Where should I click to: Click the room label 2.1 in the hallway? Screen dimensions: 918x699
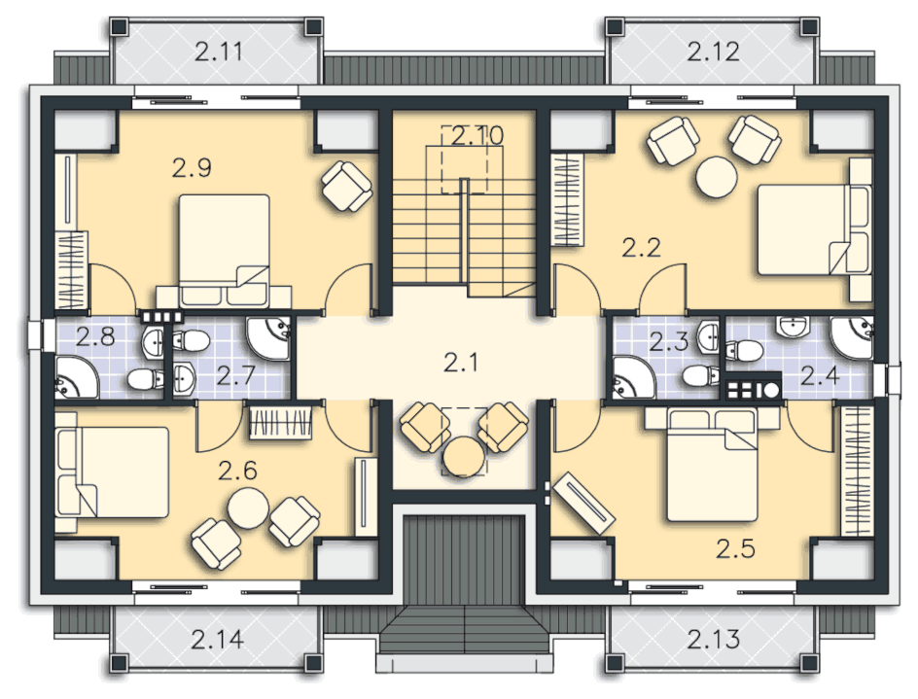[x=461, y=363]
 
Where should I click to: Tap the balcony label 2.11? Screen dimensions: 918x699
[x=219, y=52]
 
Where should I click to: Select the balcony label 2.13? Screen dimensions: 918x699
[x=713, y=640]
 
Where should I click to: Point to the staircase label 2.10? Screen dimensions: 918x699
[x=477, y=136]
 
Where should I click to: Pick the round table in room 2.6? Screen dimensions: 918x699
[x=248, y=508]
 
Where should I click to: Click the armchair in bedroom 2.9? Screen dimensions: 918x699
[x=347, y=186]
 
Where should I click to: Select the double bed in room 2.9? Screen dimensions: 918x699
[x=224, y=251]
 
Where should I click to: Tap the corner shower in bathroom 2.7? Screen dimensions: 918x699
[x=268, y=339]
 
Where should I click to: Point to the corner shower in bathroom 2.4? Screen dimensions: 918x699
[x=852, y=337]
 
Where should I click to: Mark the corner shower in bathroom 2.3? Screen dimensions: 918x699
[x=635, y=377]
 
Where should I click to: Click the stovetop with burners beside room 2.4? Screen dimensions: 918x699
[x=753, y=389]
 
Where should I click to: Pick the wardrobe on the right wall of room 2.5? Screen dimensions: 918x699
[x=857, y=472]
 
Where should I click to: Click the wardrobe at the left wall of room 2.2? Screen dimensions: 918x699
[x=568, y=199]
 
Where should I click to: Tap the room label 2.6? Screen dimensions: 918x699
[x=237, y=471]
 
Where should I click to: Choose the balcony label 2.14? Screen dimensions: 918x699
[x=217, y=640]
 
